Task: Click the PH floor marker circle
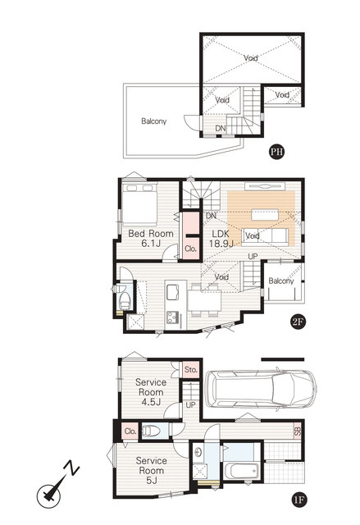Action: click(x=276, y=152)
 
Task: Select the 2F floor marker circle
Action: click(x=298, y=322)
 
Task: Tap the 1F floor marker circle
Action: click(x=298, y=500)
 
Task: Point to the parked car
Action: click(x=261, y=389)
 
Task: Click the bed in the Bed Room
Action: click(x=139, y=203)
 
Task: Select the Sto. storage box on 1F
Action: click(x=191, y=370)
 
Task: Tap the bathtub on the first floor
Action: click(x=242, y=471)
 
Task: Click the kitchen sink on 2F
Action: click(x=173, y=290)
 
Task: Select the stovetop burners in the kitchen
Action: click(x=173, y=317)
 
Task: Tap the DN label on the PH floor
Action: click(x=220, y=129)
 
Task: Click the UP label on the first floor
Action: click(x=190, y=404)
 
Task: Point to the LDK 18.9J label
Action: click(x=221, y=239)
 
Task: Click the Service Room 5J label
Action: click(x=151, y=470)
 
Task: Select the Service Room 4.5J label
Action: click(x=151, y=392)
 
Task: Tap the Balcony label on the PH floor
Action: click(x=153, y=121)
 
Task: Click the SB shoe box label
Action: click(x=298, y=431)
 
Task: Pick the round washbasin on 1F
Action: click(x=198, y=452)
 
